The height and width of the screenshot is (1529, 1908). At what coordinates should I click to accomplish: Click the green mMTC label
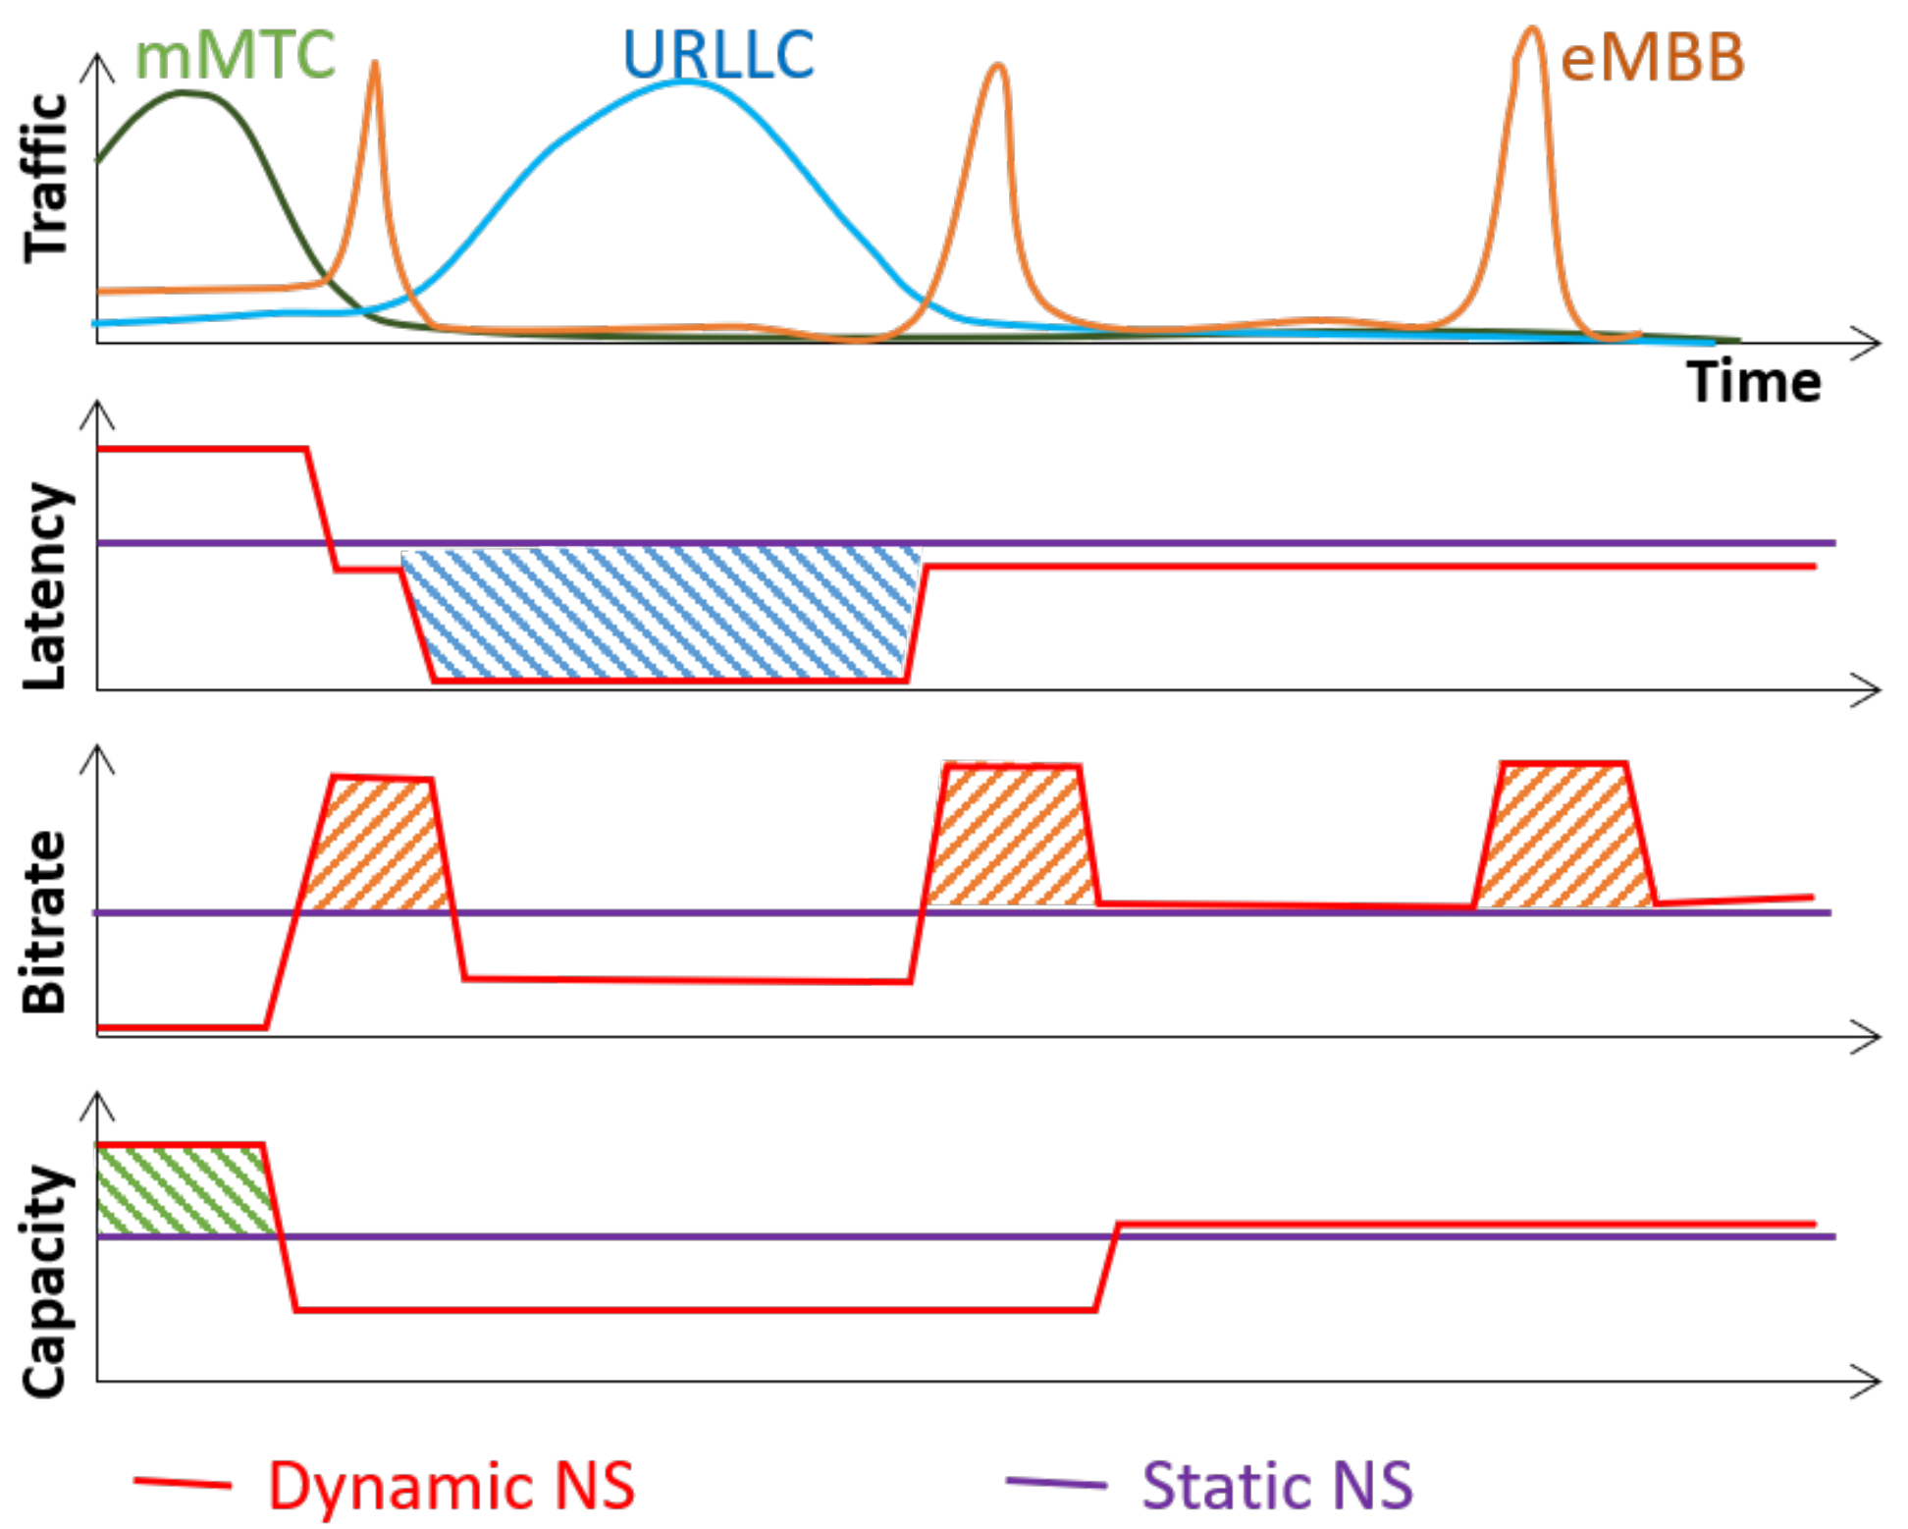[235, 57]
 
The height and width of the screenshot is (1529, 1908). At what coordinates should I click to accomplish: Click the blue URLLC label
[718, 55]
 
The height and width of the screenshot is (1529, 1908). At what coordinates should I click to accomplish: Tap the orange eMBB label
[1653, 59]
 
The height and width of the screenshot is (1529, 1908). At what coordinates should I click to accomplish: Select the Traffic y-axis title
[46, 178]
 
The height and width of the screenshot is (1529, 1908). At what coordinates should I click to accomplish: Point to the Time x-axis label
[1754, 383]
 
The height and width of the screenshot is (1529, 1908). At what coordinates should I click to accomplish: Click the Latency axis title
[46, 586]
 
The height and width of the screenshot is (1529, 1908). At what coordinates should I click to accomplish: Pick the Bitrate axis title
[44, 921]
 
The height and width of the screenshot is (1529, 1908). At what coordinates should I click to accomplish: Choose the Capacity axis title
[46, 1281]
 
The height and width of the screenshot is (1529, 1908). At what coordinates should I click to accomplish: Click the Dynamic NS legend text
[451, 1486]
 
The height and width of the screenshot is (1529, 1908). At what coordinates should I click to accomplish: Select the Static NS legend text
[1277, 1486]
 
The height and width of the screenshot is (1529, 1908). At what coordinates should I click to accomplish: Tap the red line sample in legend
[183, 1483]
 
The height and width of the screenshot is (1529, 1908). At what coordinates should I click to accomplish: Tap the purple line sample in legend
[1056, 1483]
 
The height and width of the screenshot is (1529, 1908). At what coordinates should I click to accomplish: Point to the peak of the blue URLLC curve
[687, 82]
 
